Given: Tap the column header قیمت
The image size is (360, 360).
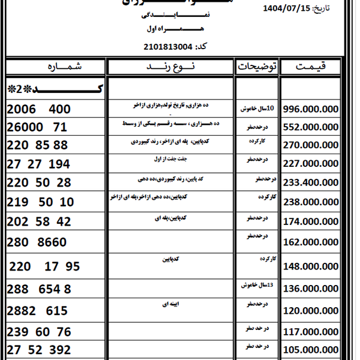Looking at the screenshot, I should click(x=311, y=67).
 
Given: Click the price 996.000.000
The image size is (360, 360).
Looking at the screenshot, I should click(x=311, y=110).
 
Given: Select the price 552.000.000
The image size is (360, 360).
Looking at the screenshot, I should click(x=311, y=128).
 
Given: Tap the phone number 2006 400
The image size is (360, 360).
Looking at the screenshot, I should click(x=40, y=109).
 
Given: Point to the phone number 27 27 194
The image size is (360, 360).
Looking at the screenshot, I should click(x=40, y=164).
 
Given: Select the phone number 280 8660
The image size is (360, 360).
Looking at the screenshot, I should click(x=38, y=242).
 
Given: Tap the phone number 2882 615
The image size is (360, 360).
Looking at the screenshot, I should click(x=38, y=311).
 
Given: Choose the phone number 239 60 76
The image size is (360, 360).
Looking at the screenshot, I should click(x=40, y=332).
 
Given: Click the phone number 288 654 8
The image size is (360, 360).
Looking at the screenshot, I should click(x=40, y=289).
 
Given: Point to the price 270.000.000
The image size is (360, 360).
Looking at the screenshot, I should click(x=311, y=145).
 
